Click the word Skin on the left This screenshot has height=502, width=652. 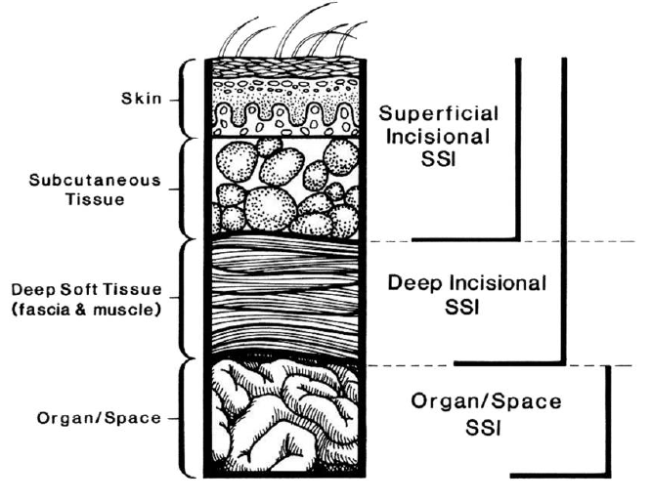142,99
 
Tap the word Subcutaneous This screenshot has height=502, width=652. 95,181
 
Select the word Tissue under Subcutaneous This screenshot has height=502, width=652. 95,199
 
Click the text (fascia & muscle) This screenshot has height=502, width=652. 86,310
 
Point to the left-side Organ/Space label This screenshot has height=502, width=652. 99,418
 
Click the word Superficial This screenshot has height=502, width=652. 439,114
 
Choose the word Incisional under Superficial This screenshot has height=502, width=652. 438,137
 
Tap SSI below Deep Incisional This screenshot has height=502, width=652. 462,308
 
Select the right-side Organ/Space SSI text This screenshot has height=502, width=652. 486,414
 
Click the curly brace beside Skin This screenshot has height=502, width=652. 186,98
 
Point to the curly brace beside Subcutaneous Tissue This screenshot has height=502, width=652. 186,188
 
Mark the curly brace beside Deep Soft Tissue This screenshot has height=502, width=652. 186,299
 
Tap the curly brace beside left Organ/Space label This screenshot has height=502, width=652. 186,418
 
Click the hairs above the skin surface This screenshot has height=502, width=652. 292,30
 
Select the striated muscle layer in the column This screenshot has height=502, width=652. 284,298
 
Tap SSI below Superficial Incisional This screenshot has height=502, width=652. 438,159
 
